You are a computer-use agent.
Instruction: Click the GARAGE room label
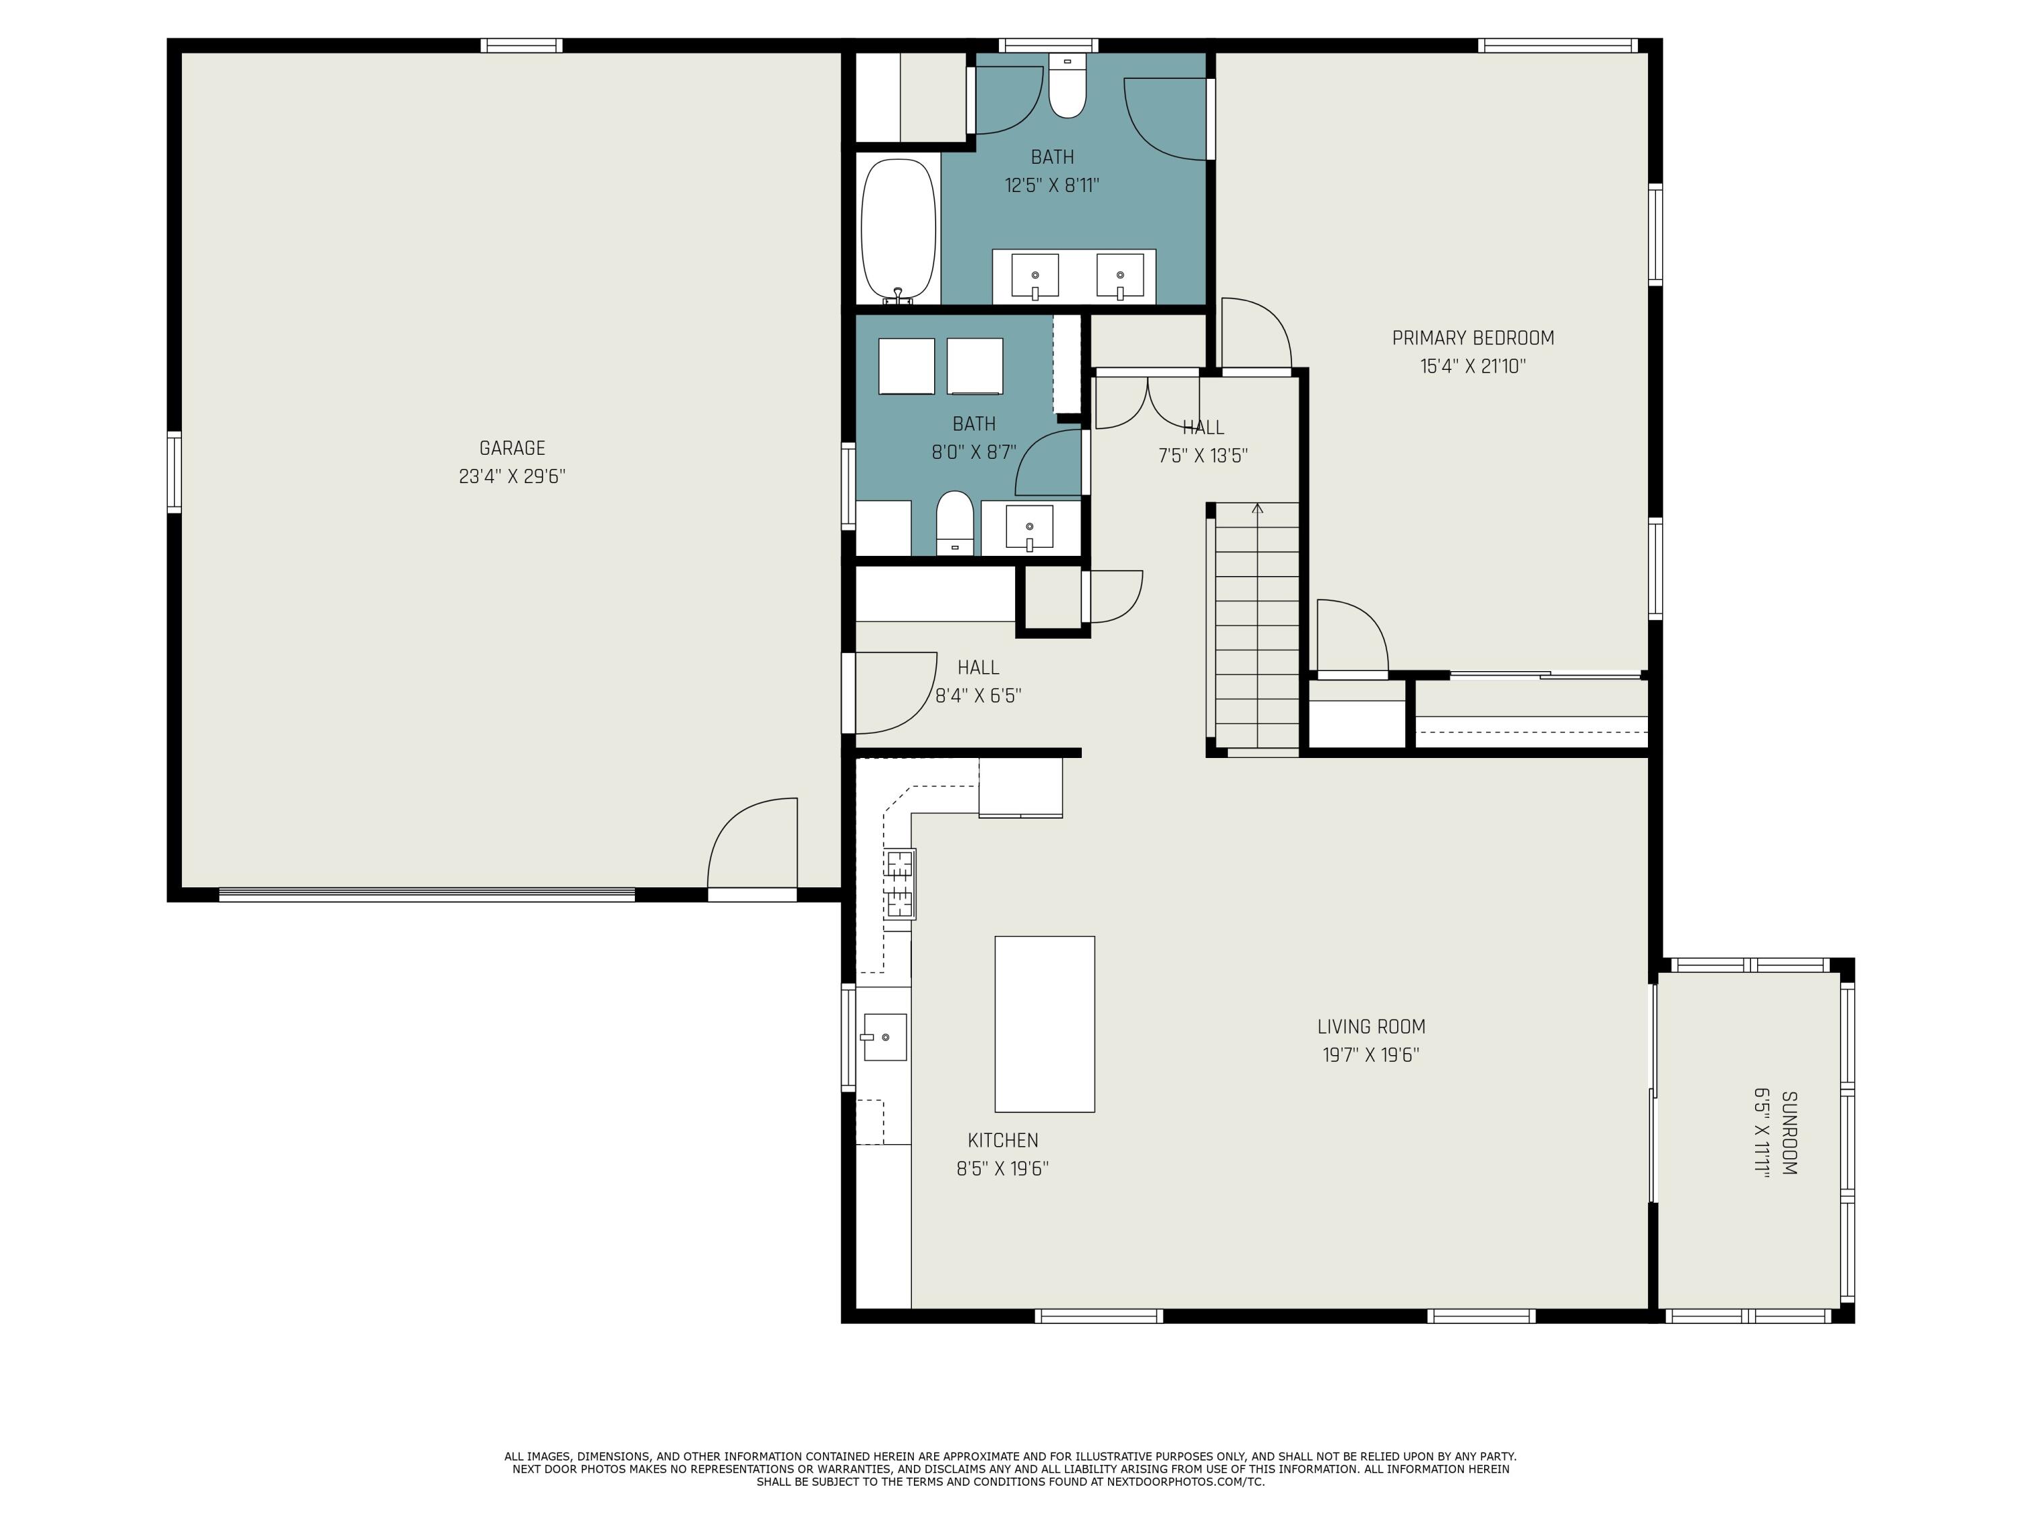(x=512, y=448)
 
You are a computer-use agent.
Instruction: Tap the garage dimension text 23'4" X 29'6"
(x=512, y=476)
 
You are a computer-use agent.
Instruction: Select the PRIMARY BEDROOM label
(x=1473, y=338)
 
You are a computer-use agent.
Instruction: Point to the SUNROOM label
(x=1790, y=1133)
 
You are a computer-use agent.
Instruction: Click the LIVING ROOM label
(x=1371, y=1026)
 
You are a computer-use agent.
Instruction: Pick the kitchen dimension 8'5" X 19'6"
(x=1003, y=1168)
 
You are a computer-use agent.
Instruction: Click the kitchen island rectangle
(x=1044, y=1023)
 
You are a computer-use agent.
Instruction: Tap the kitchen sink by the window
(x=885, y=1037)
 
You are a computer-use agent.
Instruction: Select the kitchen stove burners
(x=900, y=883)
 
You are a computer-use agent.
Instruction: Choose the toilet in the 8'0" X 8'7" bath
(x=955, y=523)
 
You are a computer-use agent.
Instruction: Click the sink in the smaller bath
(x=1029, y=528)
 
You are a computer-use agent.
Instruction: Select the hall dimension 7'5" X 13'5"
(x=1203, y=455)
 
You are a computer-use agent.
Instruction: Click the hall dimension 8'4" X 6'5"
(x=978, y=695)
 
